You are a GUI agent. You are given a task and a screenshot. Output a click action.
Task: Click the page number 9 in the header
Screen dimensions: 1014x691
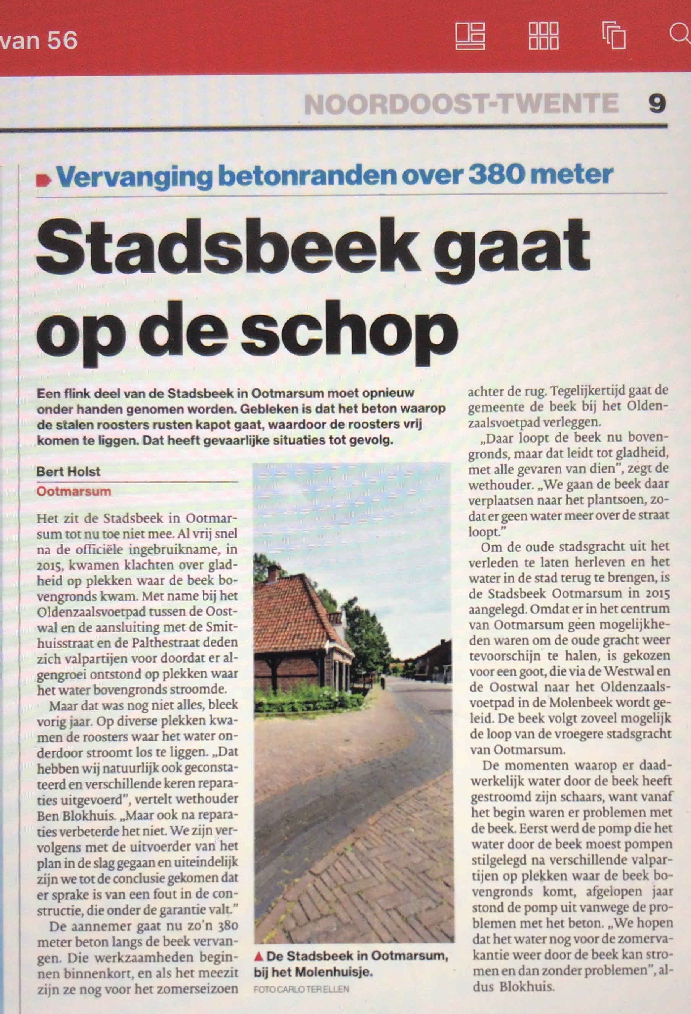click(657, 104)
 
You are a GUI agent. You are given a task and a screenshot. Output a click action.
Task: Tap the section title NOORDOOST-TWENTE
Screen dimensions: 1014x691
click(461, 104)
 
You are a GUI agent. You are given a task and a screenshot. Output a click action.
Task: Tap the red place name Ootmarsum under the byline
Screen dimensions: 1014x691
click(74, 491)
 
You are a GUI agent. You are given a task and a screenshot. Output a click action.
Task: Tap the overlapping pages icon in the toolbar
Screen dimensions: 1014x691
click(614, 36)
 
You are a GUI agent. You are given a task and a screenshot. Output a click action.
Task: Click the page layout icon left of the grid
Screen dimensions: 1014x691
click(470, 36)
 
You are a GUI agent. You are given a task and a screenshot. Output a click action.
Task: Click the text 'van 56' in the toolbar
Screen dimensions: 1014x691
click(39, 40)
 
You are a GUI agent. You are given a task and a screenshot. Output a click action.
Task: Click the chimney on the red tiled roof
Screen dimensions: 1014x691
click(274, 572)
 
